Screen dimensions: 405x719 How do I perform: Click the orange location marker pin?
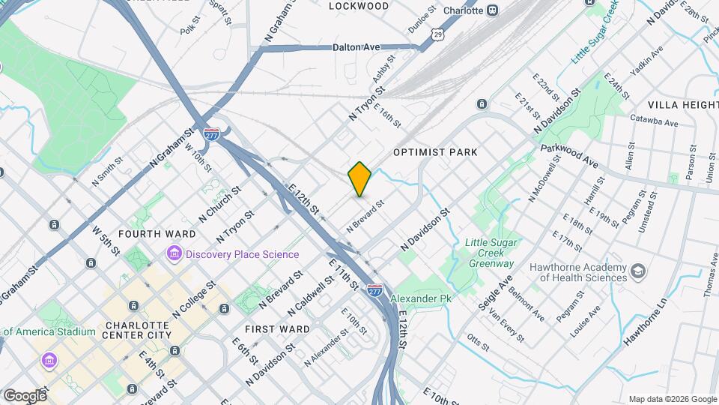359,178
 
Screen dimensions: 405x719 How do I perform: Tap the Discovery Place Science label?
243,254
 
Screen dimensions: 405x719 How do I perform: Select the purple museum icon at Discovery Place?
175,253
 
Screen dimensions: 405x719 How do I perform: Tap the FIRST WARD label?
277,328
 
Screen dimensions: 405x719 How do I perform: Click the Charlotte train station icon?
493,10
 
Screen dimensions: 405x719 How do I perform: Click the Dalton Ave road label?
356,46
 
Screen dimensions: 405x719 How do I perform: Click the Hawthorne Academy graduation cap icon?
638,271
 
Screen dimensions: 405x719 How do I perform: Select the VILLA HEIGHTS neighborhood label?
683,104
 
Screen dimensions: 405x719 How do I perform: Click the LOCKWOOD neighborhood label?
359,6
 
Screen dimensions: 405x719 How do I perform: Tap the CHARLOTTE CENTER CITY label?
139,330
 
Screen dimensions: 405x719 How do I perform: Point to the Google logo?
24,395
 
